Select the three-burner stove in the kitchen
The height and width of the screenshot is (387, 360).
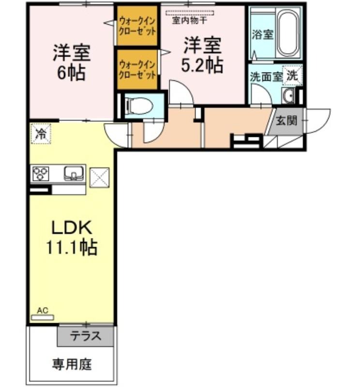41,173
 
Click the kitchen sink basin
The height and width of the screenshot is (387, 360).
74,173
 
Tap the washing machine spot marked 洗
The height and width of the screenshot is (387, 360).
292,75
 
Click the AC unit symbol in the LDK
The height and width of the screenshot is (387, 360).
43,317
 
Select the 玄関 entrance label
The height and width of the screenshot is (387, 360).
285,121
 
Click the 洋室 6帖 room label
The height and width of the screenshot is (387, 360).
72,62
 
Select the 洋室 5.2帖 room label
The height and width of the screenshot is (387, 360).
202,55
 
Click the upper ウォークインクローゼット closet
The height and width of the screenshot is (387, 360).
137,26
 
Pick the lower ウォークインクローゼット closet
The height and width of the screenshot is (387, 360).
137,69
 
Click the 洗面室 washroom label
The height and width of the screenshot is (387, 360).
266,76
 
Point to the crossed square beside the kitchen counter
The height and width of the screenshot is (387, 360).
100,177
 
